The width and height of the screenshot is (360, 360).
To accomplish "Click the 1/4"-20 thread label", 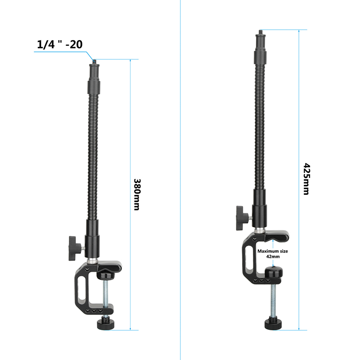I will click(x=59, y=45).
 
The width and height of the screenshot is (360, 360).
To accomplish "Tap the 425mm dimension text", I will click(x=306, y=179).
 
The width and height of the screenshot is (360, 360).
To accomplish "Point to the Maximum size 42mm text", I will click(x=272, y=253).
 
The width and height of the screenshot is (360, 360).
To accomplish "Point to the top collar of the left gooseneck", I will click(x=94, y=74).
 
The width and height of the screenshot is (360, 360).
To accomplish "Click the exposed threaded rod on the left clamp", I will click(x=106, y=297).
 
